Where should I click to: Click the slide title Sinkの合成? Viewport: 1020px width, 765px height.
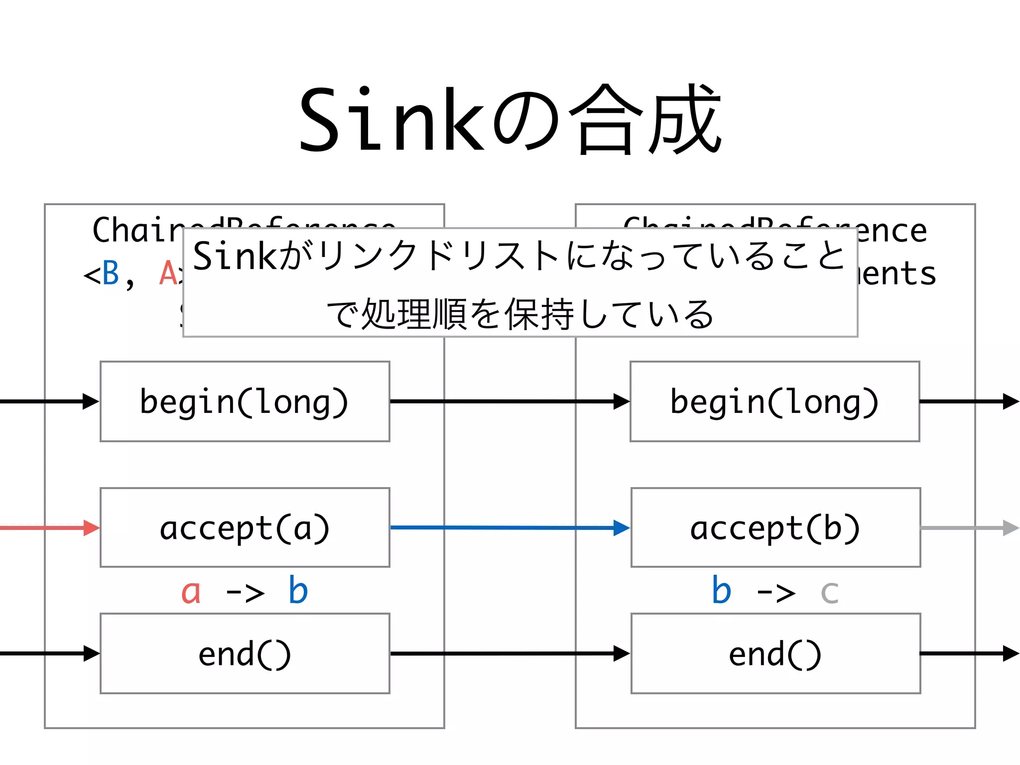tap(510, 120)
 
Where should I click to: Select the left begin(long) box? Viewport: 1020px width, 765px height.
tap(245, 401)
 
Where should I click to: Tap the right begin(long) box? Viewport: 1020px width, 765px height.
tap(774, 401)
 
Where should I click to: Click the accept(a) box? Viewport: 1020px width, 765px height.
tap(245, 527)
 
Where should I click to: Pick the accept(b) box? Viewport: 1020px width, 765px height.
tap(775, 527)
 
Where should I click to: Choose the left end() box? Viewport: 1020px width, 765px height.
tap(245, 653)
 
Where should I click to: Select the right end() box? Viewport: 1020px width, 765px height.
tap(775, 653)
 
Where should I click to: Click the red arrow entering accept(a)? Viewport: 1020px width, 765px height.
tap(50, 527)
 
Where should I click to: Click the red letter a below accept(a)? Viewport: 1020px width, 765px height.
tap(191, 592)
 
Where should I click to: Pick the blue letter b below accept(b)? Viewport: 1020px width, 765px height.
tap(721, 591)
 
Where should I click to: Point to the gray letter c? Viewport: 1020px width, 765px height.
tap(829, 593)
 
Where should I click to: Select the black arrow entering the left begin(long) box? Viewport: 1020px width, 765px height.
tap(50, 401)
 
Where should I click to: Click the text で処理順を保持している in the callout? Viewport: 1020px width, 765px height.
tap(520, 314)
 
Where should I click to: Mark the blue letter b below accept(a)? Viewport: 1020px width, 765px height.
tap(298, 591)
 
